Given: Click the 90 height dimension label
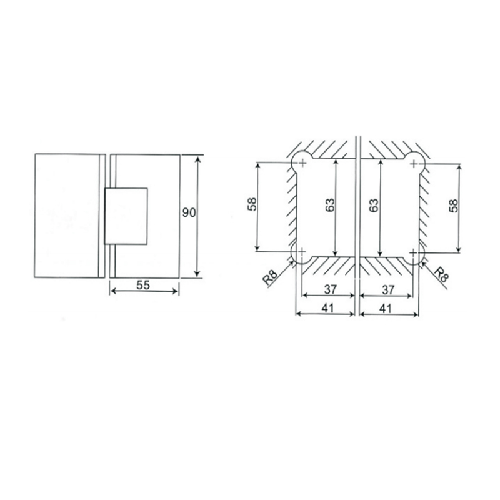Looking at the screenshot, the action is (x=189, y=212).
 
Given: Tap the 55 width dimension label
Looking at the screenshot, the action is (x=143, y=285).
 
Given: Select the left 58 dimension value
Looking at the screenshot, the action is (x=252, y=204).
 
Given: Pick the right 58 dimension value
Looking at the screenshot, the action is (x=453, y=206).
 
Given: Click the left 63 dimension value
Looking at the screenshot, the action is (x=331, y=205).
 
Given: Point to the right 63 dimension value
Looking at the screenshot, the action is (x=373, y=205).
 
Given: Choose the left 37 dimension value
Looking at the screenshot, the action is (x=331, y=289).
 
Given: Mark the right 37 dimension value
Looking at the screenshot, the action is (x=388, y=290).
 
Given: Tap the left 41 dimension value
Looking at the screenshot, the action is (x=327, y=308).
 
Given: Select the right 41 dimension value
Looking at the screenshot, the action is (x=386, y=308).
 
